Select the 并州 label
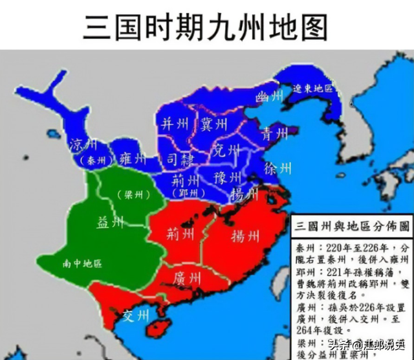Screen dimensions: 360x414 [175, 124]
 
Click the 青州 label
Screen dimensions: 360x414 [274, 134]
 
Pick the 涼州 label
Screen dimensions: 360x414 [83, 142]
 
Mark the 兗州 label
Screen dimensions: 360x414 [226, 152]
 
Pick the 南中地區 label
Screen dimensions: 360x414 [82, 264]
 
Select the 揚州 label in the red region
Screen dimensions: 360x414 [245, 236]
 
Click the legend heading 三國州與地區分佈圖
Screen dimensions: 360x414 [352, 227]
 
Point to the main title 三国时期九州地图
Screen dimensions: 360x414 [206, 27]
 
